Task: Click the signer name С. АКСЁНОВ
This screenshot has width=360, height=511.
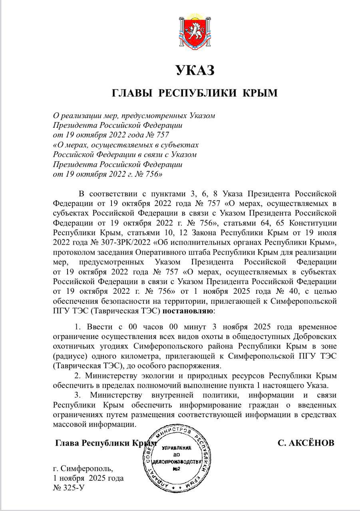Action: [305, 444]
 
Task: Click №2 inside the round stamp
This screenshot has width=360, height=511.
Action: [177, 468]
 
